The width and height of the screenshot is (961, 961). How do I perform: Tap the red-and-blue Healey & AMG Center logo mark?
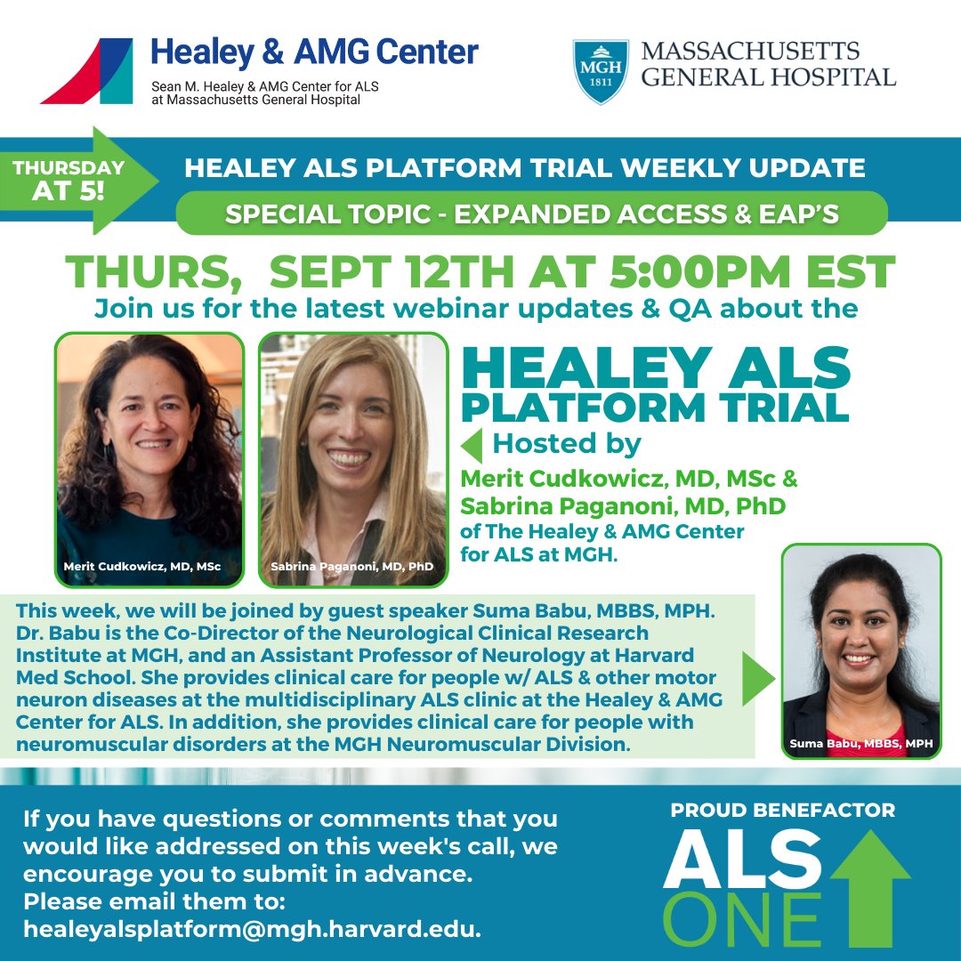86,71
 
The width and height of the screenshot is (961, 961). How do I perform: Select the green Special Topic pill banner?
531,214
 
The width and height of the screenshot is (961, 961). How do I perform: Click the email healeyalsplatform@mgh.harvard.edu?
252,930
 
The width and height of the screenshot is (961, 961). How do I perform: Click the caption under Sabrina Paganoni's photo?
352,566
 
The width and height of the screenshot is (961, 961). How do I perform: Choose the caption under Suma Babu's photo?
860,742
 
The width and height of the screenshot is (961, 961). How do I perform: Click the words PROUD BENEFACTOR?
783,811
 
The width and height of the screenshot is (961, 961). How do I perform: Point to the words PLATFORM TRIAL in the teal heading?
656,408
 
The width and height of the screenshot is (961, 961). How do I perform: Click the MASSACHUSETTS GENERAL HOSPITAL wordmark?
768,64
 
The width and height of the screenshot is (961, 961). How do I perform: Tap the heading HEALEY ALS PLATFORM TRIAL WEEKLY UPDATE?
524,167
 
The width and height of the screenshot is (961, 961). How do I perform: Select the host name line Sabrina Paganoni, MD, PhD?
623,506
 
